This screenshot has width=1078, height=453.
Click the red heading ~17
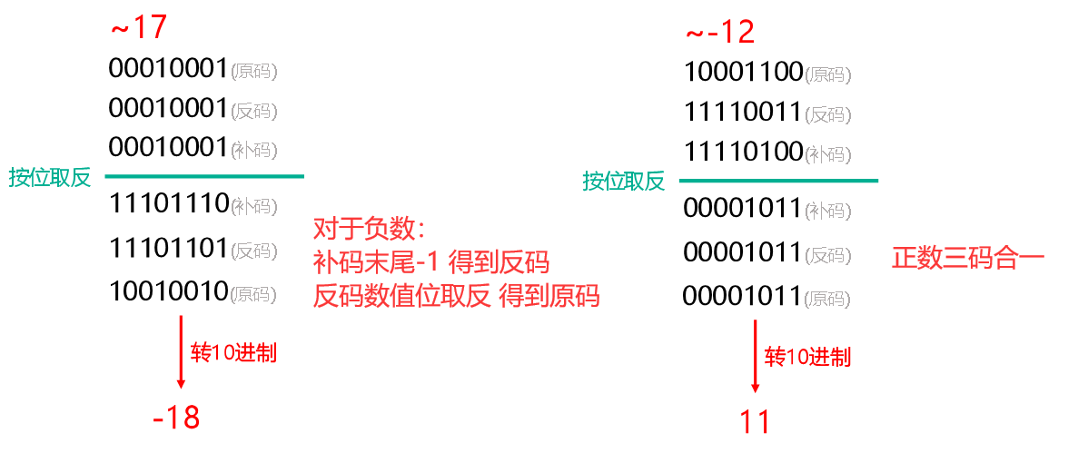138,27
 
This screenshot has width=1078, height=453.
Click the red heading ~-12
719,33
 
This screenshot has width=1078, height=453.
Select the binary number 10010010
168,291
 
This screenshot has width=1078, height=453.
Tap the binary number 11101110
169,204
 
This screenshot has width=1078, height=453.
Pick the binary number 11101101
168,248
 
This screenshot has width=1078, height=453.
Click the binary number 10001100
743,72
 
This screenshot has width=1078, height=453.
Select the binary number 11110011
743,112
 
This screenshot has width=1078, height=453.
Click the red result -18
176,418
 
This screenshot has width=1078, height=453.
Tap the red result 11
755,422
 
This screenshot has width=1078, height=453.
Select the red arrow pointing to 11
756,355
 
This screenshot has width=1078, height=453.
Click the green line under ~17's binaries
204,176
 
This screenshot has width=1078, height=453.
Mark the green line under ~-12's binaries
778,181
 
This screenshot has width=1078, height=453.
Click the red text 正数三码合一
968,258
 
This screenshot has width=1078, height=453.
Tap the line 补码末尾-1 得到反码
430,261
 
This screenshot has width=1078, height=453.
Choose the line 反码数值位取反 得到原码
456,295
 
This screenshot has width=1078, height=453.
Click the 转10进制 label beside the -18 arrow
233,353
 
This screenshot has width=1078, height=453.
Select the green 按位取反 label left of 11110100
624,181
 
